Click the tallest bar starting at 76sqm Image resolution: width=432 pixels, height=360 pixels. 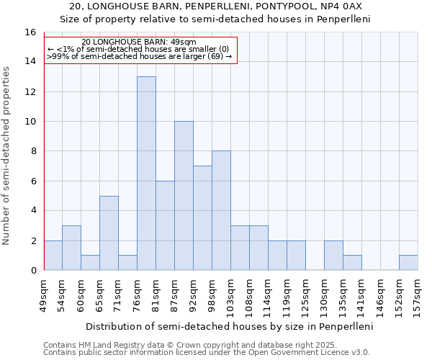(x=146, y=173)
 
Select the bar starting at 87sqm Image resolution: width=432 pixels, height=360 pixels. (x=184, y=195)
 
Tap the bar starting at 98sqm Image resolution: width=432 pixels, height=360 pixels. (x=221, y=210)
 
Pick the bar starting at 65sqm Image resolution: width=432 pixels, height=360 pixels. (x=109, y=233)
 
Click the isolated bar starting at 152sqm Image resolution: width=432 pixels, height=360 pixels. (x=408, y=263)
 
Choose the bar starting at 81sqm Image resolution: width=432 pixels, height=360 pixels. (x=165, y=225)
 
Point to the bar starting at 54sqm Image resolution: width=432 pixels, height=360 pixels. (x=71, y=248)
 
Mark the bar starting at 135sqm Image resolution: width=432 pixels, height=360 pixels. (x=352, y=263)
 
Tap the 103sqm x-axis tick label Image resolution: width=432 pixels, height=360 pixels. (x=231, y=296)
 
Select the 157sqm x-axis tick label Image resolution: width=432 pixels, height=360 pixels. (x=418, y=296)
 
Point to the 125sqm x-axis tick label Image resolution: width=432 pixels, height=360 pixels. (x=306, y=296)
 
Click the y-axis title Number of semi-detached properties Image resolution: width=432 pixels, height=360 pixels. (x=7, y=156)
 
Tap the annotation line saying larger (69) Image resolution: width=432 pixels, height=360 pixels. (x=140, y=56)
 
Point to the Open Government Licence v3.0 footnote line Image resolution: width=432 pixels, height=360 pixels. (x=207, y=353)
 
